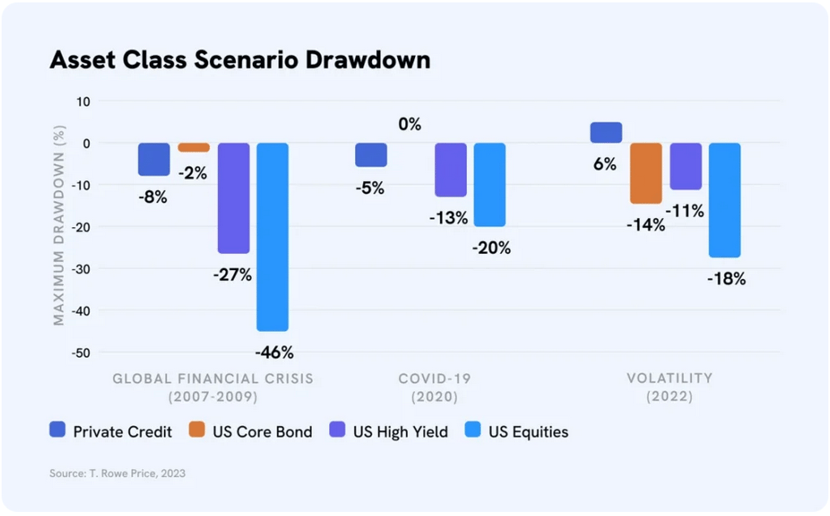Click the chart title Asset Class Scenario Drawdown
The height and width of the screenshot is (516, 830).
pyautogui.click(x=240, y=60)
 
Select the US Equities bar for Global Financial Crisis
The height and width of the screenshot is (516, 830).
pyautogui.click(x=272, y=237)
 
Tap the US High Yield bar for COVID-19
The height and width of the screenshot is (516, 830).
pyautogui.click(x=451, y=170)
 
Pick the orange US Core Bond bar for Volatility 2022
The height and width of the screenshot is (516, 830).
pyautogui.click(x=646, y=173)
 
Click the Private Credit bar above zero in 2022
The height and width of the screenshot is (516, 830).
pyautogui.click(x=606, y=132)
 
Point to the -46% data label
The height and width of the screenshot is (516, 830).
pyautogui.click(x=274, y=353)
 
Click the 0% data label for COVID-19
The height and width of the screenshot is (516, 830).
pyautogui.click(x=410, y=125)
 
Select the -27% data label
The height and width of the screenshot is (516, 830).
pyautogui.click(x=233, y=275)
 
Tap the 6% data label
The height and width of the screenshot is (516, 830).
pyautogui.click(x=605, y=164)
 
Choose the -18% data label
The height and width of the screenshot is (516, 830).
pyautogui.click(x=725, y=279)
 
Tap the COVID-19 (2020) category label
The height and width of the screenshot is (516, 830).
pyautogui.click(x=434, y=388)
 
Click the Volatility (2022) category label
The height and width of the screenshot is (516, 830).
pyautogui.click(x=670, y=388)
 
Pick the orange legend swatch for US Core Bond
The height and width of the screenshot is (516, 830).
pyautogui.click(x=197, y=431)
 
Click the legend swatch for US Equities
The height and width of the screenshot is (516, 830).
pyautogui.click(x=473, y=431)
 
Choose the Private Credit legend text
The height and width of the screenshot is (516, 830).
pyautogui.click(x=122, y=432)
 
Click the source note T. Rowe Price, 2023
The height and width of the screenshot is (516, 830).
pyautogui.click(x=118, y=473)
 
